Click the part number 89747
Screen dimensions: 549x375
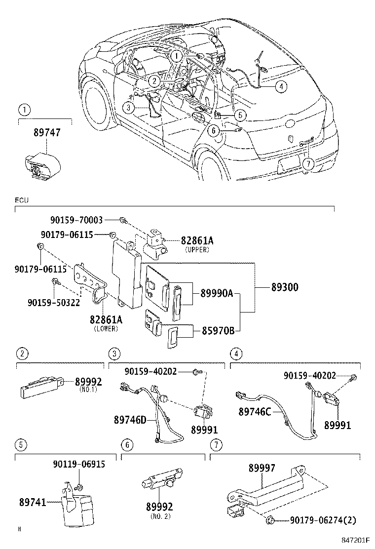[45, 133]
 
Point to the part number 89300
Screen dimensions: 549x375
[284, 286]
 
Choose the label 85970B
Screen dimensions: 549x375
[218, 331]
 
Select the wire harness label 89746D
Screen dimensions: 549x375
[130, 420]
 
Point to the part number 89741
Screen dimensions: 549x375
[33, 503]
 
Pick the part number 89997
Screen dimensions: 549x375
[262, 468]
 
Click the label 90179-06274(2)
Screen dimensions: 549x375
[323, 520]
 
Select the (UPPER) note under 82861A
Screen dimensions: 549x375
[197, 250]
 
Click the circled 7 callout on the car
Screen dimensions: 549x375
[308, 164]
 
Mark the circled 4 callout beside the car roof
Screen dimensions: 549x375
[280, 86]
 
